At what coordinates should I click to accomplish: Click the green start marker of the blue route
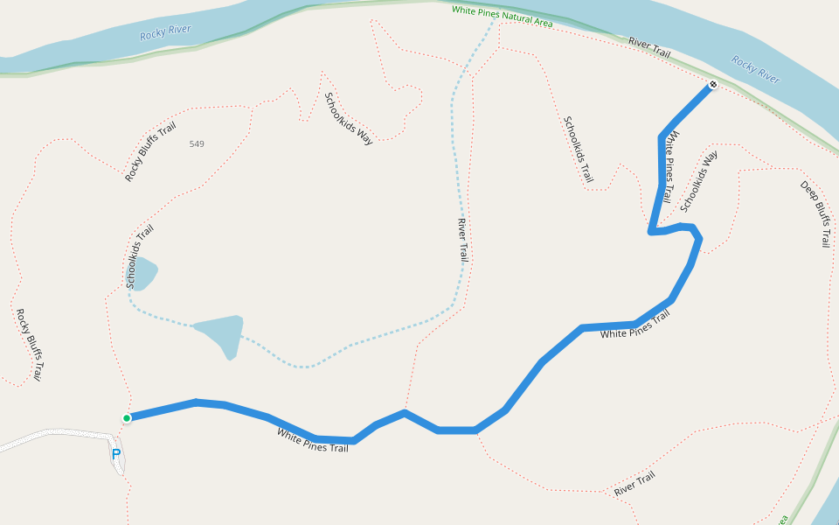pos(127,418)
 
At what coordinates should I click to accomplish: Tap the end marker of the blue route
pos(713,85)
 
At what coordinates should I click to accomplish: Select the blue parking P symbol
pos(116,455)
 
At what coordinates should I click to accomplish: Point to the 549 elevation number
pos(197,143)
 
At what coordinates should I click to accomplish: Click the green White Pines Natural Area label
pos(502,17)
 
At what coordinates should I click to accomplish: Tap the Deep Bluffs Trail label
pos(815,213)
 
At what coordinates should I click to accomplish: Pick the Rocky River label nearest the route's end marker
pos(755,69)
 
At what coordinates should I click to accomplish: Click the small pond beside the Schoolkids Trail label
pos(144,273)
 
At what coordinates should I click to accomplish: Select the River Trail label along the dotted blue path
pos(462,240)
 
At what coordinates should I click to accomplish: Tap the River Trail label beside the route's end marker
pos(649,47)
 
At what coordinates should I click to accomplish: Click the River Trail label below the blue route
pos(634,484)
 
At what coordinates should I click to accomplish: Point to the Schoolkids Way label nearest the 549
pos(349,118)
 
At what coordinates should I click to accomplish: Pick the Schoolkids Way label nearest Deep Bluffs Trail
pos(699,181)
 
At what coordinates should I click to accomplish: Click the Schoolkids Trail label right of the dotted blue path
pos(579,150)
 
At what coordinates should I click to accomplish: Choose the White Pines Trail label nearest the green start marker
pos(313,439)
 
